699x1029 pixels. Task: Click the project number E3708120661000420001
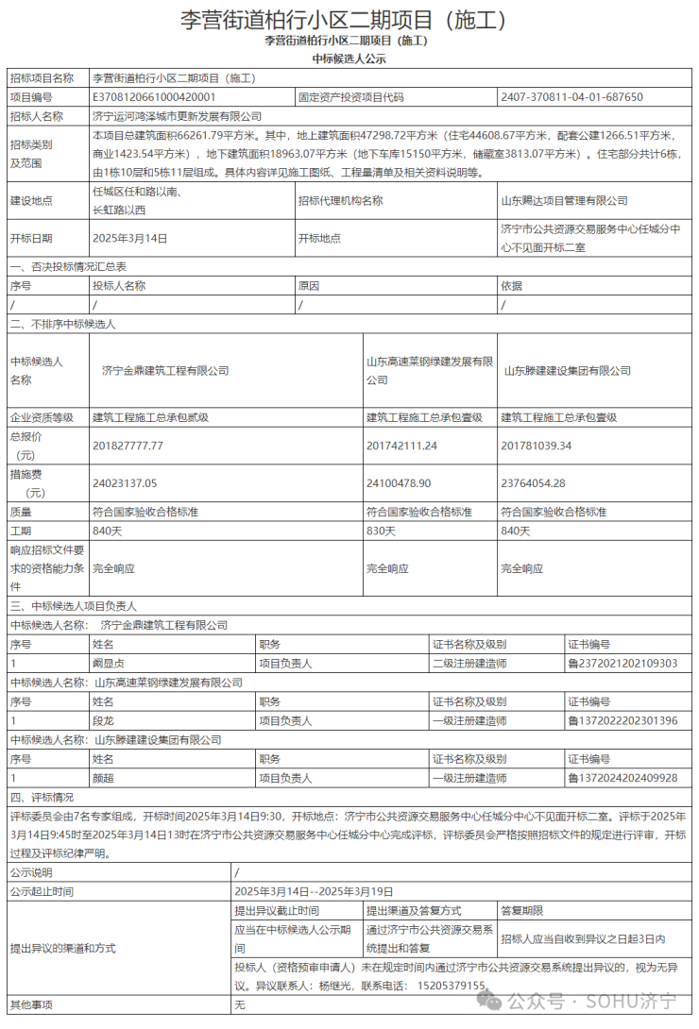[x=154, y=96]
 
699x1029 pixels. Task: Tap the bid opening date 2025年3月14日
[x=129, y=238]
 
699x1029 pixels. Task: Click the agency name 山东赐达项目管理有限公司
[x=564, y=200]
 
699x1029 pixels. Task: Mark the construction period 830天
[x=381, y=531]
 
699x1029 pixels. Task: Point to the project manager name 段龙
[x=103, y=721]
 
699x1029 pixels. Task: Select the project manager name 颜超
[x=103, y=778]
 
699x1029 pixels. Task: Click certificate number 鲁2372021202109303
[x=622, y=664]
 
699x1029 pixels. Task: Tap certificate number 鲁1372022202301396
[x=622, y=721]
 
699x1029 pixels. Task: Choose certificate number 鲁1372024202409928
[x=622, y=778]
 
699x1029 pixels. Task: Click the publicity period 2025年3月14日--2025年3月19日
[x=314, y=891]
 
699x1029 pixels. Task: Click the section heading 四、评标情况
[x=42, y=797]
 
